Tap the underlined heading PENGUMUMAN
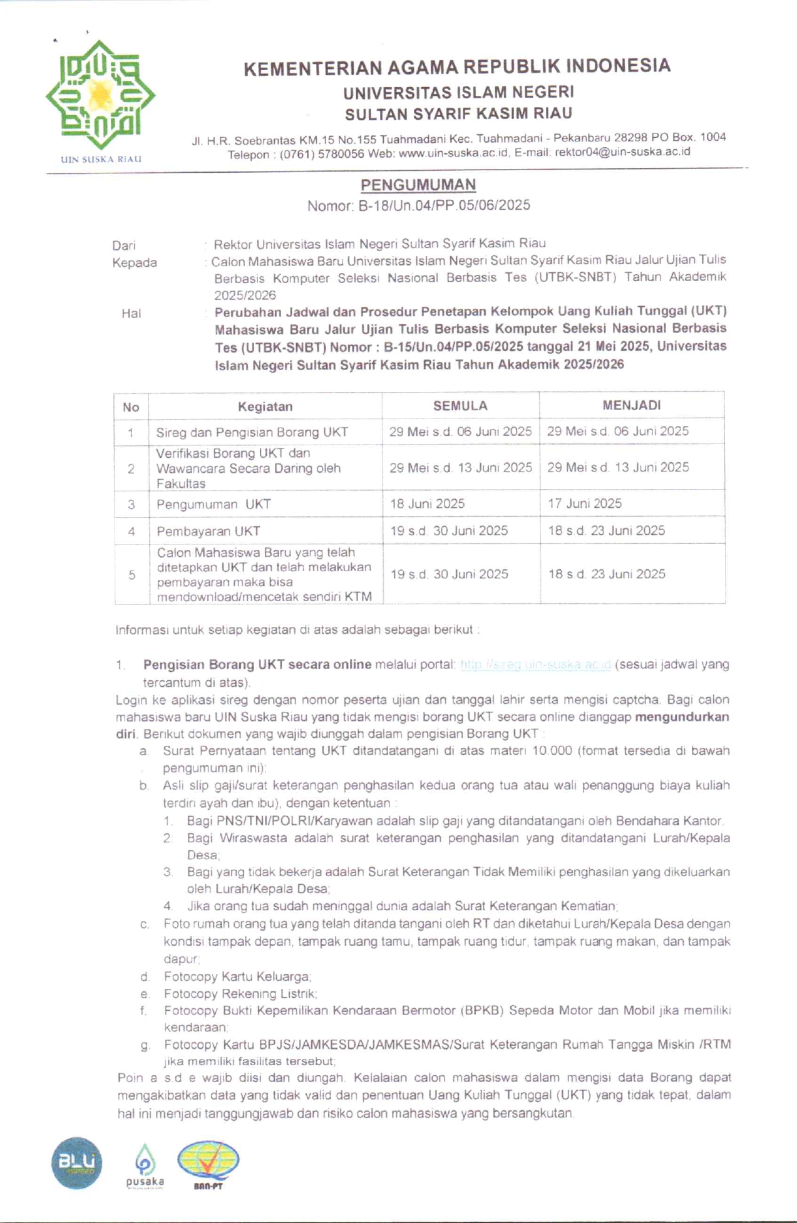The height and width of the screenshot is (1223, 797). tap(418, 185)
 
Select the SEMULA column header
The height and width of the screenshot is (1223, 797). tap(460, 406)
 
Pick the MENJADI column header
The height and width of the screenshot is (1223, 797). tap(631, 405)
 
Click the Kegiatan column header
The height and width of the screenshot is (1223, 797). tap(265, 406)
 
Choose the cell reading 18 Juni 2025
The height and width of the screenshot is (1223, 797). tap(428, 503)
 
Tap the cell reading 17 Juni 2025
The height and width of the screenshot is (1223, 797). tap(585, 503)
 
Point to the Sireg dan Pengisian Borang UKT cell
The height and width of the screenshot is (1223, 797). tap(252, 432)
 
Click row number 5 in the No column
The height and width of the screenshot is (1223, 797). tap(131, 574)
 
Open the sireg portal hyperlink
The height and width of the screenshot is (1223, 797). tap(535, 664)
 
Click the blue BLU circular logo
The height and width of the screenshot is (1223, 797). tap(76, 1163)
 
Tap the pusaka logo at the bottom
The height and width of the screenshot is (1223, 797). tap(145, 1165)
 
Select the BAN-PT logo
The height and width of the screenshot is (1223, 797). tap(208, 1164)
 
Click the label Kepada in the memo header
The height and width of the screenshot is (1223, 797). tap(135, 263)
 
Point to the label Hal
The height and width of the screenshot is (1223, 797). tap(131, 313)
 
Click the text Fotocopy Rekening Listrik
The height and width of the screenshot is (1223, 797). tap(240, 994)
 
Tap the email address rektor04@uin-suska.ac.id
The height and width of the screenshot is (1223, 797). tap(622, 152)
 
